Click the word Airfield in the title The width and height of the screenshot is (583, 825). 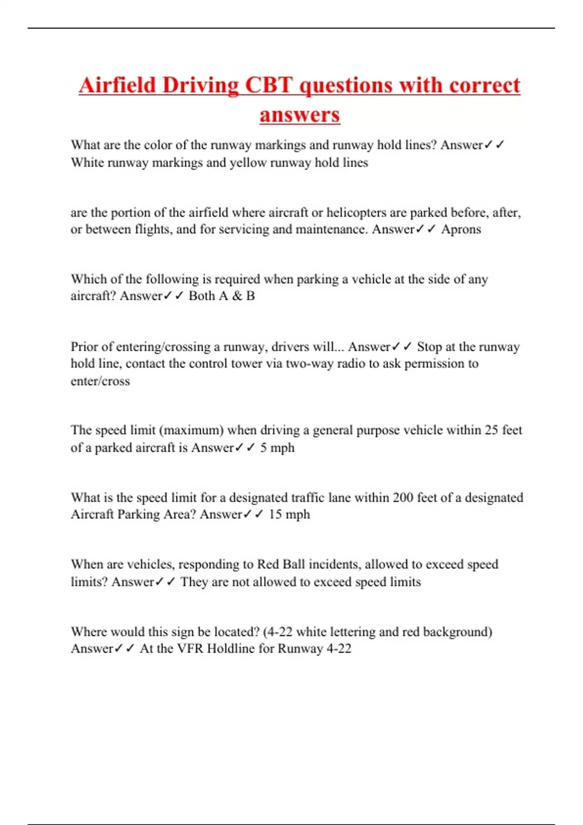117,85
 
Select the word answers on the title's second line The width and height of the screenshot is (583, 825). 299,115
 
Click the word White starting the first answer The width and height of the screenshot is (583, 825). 87,163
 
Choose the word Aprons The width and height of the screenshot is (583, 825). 461,229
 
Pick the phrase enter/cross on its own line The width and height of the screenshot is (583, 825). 100,381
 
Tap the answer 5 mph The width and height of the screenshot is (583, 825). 277,447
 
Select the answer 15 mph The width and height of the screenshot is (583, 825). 289,514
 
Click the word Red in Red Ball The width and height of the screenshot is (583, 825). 268,564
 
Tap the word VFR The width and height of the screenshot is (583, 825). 190,649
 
